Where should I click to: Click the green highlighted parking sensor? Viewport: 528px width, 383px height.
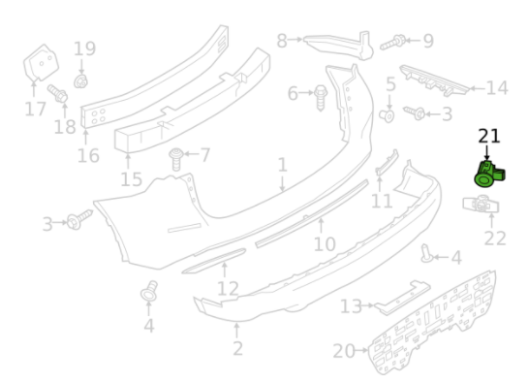(x=489, y=174)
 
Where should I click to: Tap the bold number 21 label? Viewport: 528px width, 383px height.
(x=489, y=136)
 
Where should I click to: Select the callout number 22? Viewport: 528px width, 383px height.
(x=495, y=239)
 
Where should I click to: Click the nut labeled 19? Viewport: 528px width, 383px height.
(x=80, y=81)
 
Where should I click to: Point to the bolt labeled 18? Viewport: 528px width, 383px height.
(x=57, y=93)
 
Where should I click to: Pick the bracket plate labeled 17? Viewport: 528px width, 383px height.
(x=41, y=63)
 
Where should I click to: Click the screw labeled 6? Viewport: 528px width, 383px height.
(x=321, y=98)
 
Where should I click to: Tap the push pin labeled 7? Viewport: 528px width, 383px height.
(x=176, y=159)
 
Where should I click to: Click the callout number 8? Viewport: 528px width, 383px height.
(x=282, y=41)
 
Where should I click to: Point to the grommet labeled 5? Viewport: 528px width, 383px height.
(x=387, y=116)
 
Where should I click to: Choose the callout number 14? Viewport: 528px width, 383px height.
(x=497, y=88)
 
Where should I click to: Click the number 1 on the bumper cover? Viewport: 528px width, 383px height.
(x=283, y=165)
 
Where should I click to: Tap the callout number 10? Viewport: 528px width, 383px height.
(x=325, y=244)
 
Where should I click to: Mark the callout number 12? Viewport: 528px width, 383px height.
(x=228, y=289)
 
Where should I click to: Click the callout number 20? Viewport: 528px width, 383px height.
(x=344, y=351)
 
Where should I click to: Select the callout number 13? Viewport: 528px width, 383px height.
(x=351, y=306)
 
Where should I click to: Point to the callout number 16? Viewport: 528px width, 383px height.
(x=88, y=156)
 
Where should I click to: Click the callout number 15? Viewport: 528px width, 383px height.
(x=132, y=179)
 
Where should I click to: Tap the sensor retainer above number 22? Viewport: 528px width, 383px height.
(x=481, y=205)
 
